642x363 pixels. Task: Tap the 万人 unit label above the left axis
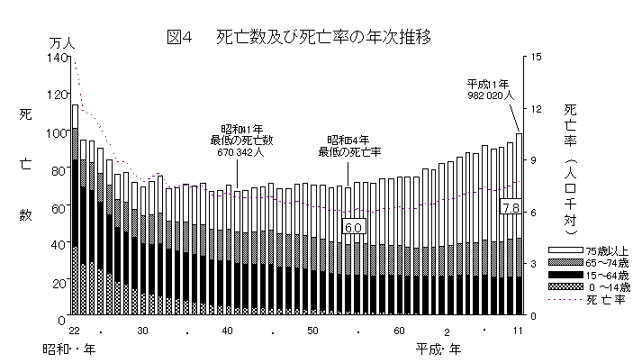(x=61, y=42)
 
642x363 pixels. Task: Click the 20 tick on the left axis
(x=59, y=283)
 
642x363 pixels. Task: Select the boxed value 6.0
(x=353, y=228)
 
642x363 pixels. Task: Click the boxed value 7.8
(x=510, y=207)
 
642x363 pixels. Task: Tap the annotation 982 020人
(x=490, y=94)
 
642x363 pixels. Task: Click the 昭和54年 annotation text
(x=348, y=141)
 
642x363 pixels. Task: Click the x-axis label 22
(x=73, y=331)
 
